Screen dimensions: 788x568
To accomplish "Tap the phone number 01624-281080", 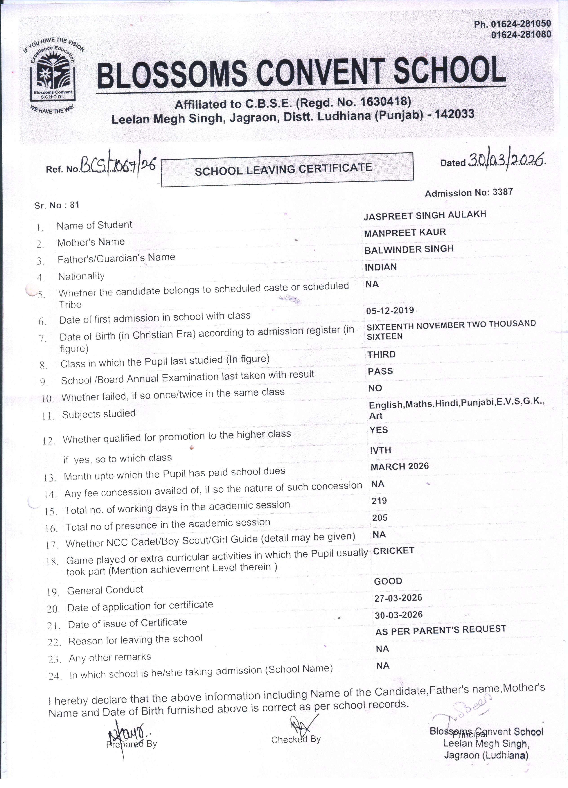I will coord(521,34).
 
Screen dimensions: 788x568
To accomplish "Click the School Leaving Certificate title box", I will coord(287,170).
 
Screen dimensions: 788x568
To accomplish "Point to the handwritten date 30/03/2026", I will coord(506,160).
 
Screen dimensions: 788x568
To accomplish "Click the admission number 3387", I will coord(503,192).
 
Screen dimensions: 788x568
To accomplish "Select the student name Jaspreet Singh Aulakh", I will coord(424,215).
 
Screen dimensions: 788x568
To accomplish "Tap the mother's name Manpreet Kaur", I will coord(405,232).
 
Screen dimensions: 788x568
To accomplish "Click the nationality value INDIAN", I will coord(380,267).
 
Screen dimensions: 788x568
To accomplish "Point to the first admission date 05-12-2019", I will coord(390,310).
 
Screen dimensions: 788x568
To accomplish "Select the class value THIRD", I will coord(382,354).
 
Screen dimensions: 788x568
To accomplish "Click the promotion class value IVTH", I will coord(380,450).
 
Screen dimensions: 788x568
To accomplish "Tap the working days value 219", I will coord(379,501).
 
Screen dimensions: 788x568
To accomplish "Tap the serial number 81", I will coord(75,205).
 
